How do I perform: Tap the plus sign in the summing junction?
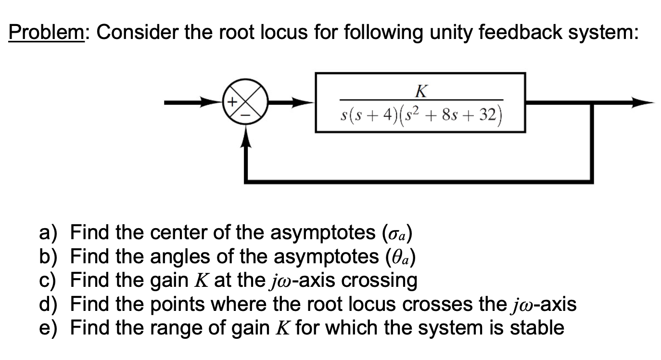coord(231,102)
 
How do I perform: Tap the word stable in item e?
coord(537,328)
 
